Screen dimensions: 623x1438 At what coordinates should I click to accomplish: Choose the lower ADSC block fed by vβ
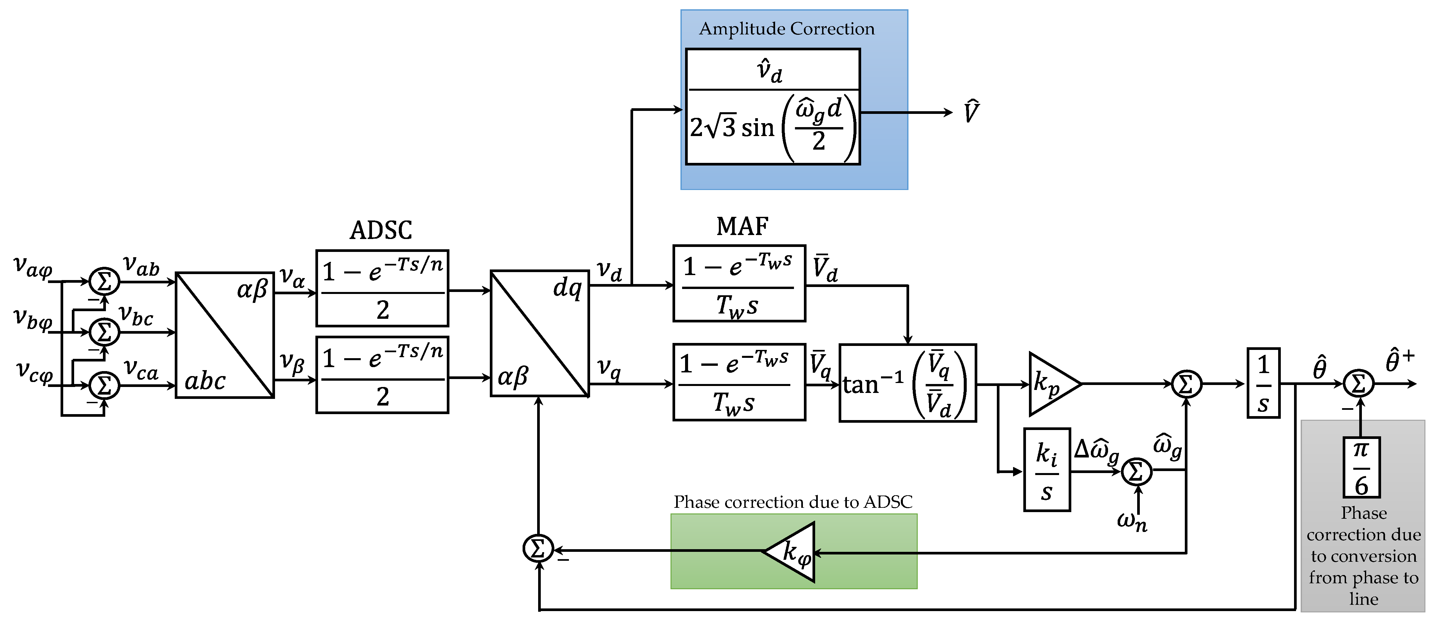[382, 375]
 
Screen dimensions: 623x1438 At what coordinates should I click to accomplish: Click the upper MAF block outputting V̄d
[739, 284]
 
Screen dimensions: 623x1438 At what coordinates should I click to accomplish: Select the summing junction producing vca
[104, 385]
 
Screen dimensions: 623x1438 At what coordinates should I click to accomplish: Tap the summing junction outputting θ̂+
[1358, 384]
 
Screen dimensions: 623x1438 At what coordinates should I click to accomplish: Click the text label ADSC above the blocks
[381, 230]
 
